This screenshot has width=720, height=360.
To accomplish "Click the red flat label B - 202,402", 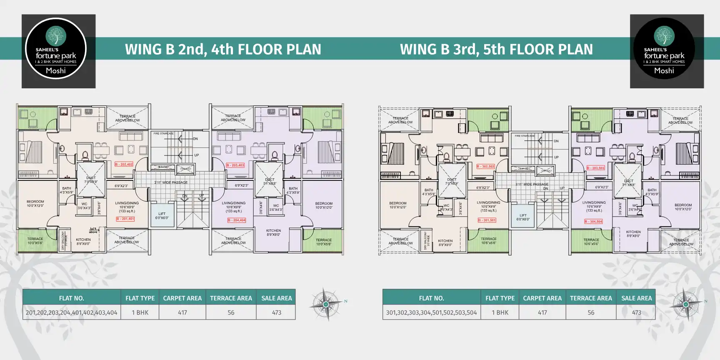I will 124,165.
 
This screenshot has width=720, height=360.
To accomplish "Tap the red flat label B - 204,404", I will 237,220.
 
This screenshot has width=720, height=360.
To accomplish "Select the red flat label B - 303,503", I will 596,168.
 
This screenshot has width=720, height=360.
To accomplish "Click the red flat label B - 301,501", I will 487,220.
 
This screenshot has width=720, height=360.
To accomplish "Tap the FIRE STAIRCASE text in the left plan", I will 163,134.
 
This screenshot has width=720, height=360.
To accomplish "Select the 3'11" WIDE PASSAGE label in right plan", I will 532,184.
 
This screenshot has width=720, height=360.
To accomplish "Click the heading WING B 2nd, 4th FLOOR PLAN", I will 223,49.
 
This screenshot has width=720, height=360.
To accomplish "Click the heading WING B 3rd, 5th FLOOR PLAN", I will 496,49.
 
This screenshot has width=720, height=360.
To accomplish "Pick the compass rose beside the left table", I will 326,304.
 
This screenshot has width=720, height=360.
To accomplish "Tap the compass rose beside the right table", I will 685,304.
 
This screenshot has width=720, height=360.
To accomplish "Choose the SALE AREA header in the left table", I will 276,298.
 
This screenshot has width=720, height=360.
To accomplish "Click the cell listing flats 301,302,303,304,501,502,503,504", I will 431,312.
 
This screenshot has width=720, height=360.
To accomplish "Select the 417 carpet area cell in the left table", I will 182,312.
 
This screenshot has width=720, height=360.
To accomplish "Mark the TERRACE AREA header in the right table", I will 591,298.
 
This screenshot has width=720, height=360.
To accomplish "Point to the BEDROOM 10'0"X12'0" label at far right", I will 683,207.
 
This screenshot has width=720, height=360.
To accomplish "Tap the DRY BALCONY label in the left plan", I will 64,241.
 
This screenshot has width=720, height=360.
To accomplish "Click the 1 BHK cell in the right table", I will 500,312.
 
